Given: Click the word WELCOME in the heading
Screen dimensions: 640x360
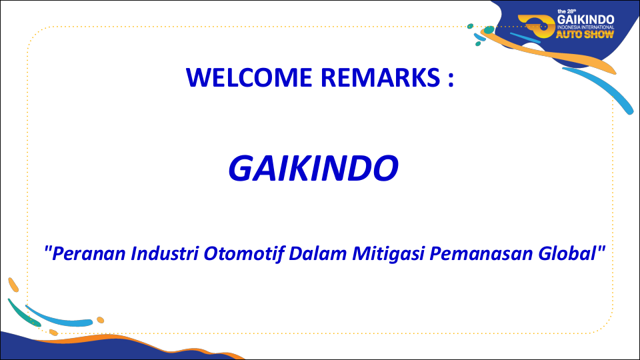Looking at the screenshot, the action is pyautogui.click(x=249, y=77).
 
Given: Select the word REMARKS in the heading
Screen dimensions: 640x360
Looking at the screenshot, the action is pyautogui.click(x=381, y=77).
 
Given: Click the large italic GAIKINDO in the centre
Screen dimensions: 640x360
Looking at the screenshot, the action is pyautogui.click(x=313, y=168).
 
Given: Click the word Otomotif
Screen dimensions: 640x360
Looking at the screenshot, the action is pyautogui.click(x=244, y=253).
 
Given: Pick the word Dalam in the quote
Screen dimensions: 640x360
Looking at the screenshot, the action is pyautogui.click(x=318, y=253).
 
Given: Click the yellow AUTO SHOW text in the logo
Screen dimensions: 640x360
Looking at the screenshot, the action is pyautogui.click(x=585, y=34).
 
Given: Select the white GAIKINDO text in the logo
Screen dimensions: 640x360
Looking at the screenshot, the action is pyautogui.click(x=586, y=19).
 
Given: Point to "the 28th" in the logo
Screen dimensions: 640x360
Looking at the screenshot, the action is pyautogui.click(x=567, y=11).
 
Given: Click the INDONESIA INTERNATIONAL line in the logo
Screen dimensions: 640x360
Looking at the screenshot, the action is pyautogui.click(x=586, y=27).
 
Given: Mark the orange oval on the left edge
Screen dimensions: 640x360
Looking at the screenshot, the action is pyautogui.click(x=13, y=285).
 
